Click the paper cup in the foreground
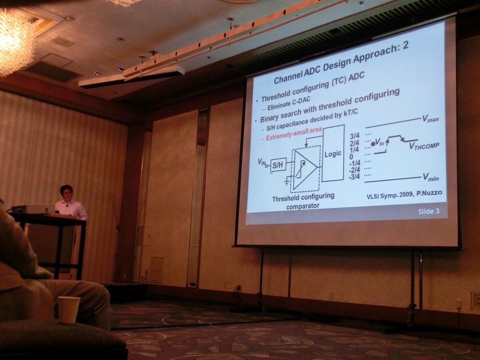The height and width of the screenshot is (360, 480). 69,310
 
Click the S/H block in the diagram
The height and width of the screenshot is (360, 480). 278,165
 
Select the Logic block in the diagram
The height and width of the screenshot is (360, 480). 333,153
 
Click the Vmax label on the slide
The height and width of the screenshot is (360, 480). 431,119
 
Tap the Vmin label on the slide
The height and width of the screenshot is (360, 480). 431,177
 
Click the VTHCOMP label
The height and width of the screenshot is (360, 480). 424,146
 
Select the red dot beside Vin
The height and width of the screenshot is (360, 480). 373,144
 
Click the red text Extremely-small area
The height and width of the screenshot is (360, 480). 294,134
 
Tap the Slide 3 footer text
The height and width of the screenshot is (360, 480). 429,211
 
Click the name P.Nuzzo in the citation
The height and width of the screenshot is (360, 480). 429,193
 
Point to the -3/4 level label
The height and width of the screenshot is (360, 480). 355,177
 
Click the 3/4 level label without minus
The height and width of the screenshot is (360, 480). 355,136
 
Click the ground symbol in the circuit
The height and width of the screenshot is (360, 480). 287,183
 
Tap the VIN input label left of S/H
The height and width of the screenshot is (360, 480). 262,162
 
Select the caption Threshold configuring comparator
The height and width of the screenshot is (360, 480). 303,201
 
